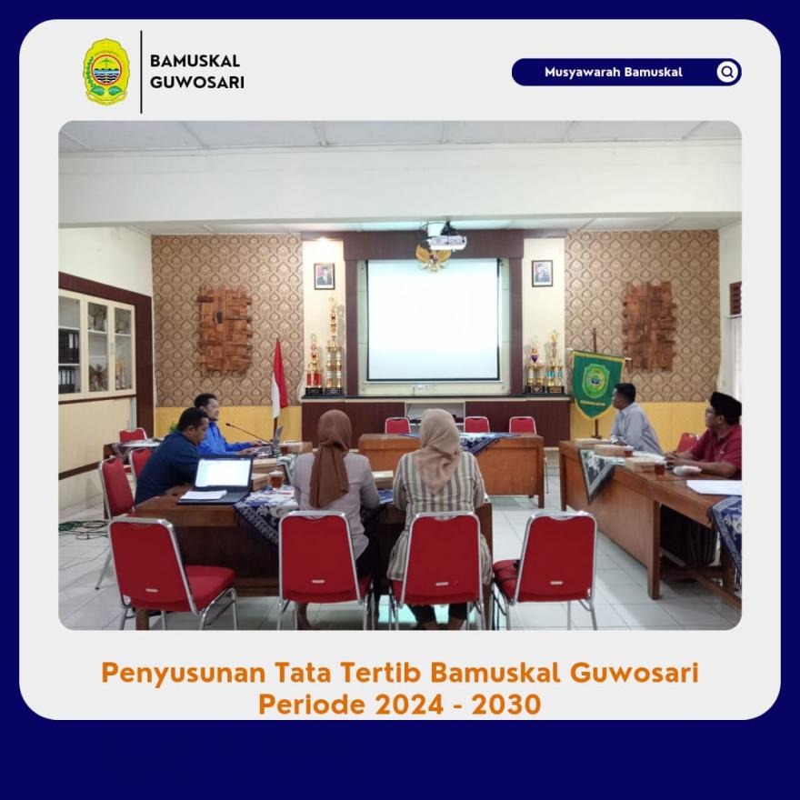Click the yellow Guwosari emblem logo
tap(106, 72)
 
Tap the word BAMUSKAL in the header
tap(195, 61)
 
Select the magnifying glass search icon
tap(727, 72)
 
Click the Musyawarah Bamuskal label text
tap(614, 72)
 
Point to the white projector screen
tap(433, 319)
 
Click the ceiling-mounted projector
tap(445, 238)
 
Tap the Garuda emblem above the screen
tap(433, 257)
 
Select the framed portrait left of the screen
tap(324, 276)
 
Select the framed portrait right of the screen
tap(542, 274)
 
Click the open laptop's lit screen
tap(223, 473)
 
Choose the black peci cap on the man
tap(726, 404)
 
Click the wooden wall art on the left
tap(225, 331)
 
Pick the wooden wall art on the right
tap(648, 326)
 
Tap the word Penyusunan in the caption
tap(183, 674)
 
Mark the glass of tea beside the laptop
tap(276, 479)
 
